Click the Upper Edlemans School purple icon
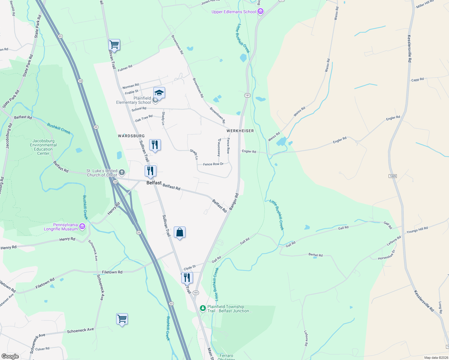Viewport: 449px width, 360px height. [x=260, y=12]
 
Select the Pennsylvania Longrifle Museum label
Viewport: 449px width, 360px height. [x=65, y=227]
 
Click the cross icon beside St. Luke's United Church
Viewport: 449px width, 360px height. [x=122, y=172]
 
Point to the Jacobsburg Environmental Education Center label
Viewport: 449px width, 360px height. [x=44, y=147]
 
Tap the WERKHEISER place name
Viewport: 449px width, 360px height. [x=240, y=131]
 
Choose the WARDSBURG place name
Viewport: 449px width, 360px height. [x=131, y=136]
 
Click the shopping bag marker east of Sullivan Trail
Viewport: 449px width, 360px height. [x=179, y=232]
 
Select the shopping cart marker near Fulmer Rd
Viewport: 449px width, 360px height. [x=114, y=45]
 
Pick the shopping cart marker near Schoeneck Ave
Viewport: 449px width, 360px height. [x=122, y=319]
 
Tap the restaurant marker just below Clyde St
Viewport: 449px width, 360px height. [x=187, y=278]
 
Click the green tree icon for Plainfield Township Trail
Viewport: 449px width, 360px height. [x=203, y=308]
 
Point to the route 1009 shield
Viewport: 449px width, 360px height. [x=393, y=176]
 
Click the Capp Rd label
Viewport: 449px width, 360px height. [x=417, y=80]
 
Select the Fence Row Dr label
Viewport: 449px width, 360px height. [x=213, y=164]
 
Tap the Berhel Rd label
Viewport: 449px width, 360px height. [x=315, y=255]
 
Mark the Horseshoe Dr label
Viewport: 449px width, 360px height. [x=387, y=255]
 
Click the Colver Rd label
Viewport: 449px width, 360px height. [x=42, y=349]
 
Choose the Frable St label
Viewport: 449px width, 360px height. [x=132, y=92]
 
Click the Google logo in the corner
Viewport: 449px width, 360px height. [x=10, y=356]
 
